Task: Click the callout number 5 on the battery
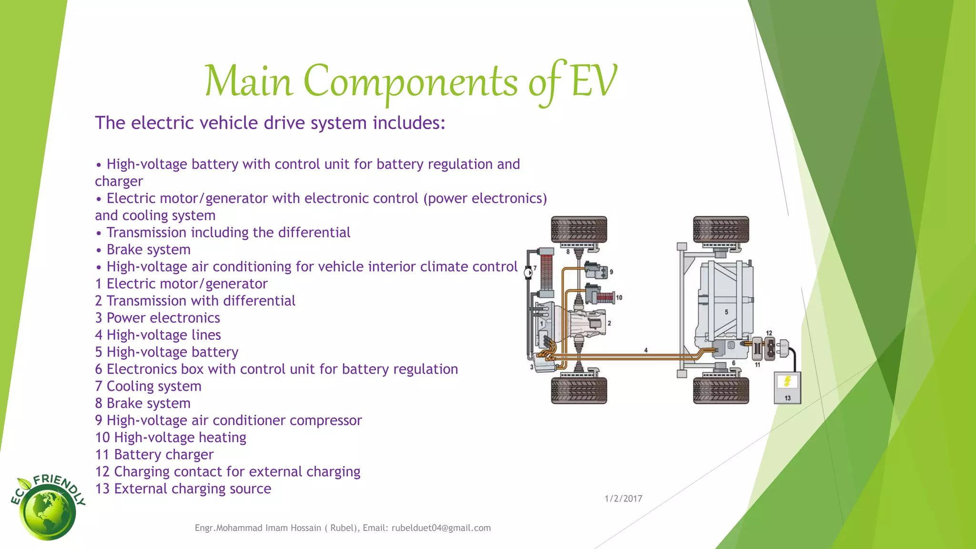coord(726,312)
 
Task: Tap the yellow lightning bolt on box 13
coord(787,381)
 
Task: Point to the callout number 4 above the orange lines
coord(646,350)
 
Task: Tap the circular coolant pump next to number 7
coord(528,273)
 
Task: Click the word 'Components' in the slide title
coord(410,81)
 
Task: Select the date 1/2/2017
coord(623,498)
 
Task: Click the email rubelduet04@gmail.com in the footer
coord(441,528)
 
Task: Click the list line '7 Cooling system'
coord(148,386)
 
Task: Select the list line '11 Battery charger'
coord(154,455)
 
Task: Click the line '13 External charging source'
coord(183,488)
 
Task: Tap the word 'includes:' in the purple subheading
coord(408,123)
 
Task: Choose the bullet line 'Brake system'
coord(148,249)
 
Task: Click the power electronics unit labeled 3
coord(545,365)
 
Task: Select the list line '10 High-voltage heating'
coord(171,437)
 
